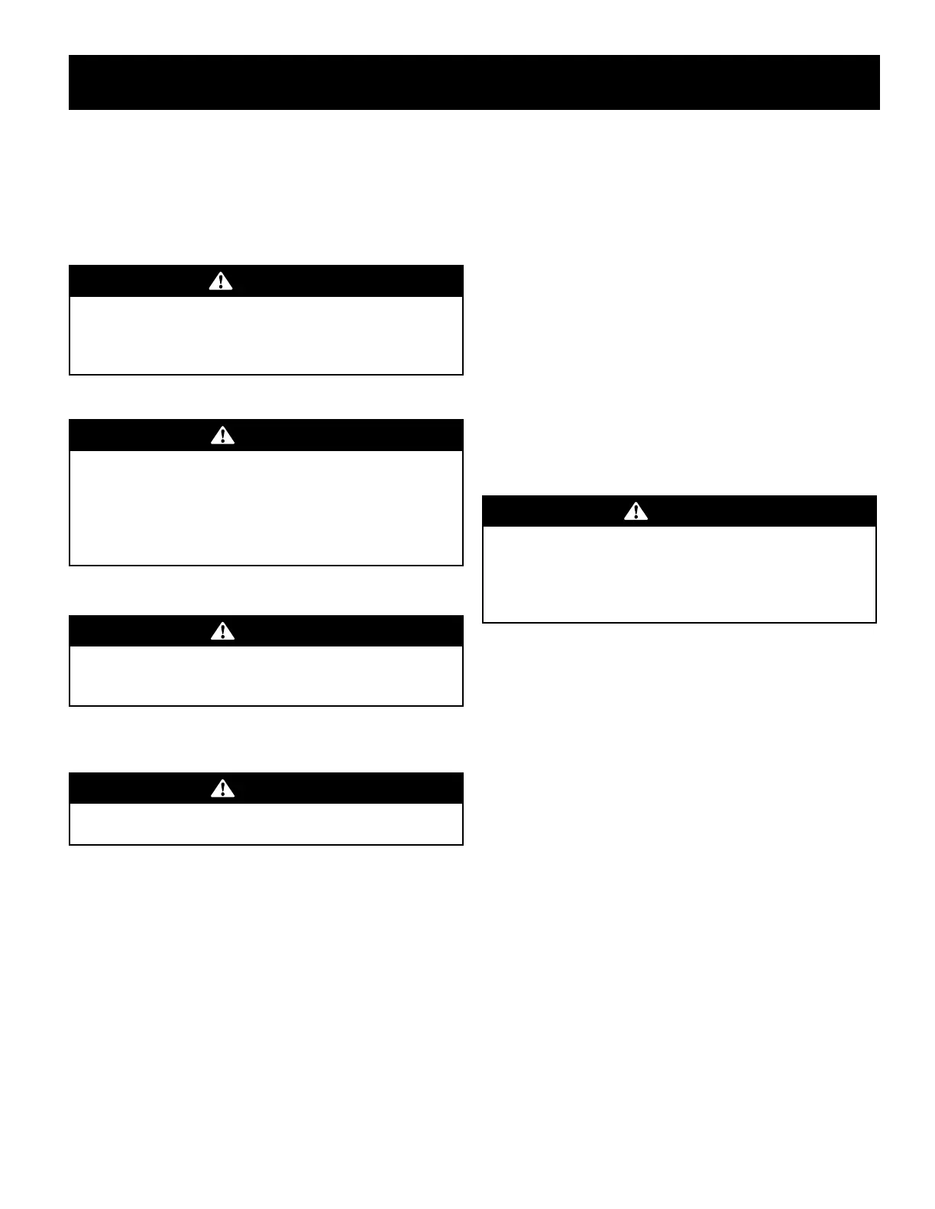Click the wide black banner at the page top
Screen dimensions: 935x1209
point(474,82)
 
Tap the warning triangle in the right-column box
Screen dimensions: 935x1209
point(636,511)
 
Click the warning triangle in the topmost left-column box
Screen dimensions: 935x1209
point(221,282)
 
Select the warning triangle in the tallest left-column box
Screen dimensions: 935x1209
point(222,436)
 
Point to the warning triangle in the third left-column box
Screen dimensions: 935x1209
point(222,631)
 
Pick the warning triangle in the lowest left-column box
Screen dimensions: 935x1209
point(222,788)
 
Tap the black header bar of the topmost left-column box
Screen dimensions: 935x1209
point(344,282)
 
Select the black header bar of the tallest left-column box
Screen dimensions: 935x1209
point(344,436)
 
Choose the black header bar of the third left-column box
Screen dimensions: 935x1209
point(344,631)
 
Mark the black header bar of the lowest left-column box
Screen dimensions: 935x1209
point(344,788)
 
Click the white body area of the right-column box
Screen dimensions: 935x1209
point(679,574)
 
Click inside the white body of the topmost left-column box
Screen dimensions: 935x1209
point(266,335)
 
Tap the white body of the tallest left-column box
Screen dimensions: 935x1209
point(266,508)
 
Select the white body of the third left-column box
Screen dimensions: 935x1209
point(266,675)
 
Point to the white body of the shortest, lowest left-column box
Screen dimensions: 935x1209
point(266,824)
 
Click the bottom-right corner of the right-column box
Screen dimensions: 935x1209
point(875,622)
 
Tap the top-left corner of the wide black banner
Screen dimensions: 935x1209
point(70,56)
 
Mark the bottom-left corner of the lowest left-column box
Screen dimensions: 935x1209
point(70,844)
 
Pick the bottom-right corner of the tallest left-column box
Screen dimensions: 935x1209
point(462,565)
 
